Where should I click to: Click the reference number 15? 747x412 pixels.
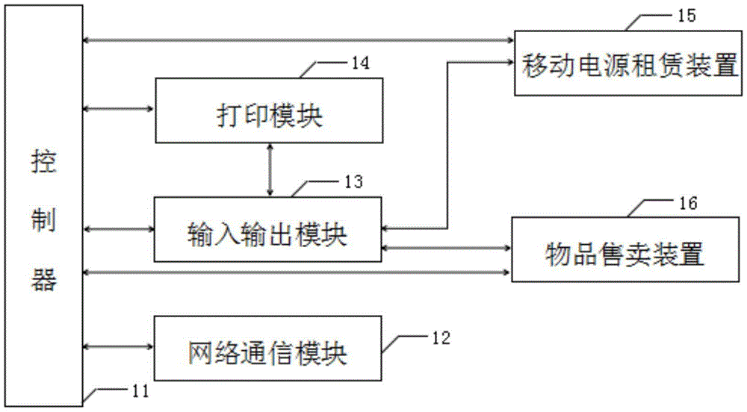686,16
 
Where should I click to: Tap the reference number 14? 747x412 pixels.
360,63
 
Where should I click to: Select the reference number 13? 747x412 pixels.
354,181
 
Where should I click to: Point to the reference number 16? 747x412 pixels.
688,204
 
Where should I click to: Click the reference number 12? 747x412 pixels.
441,338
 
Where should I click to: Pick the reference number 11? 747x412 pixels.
140,391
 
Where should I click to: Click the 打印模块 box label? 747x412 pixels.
270,116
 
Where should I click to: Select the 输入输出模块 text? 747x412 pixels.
267,234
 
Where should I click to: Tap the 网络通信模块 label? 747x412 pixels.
267,353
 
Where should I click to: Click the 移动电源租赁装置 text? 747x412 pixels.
629,65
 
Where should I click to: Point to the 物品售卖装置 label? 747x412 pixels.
624,254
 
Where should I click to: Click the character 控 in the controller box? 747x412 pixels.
44,162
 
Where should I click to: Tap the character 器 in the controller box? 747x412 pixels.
44,279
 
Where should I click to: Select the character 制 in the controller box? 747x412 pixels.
44,220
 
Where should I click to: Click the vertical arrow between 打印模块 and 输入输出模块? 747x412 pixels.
270,170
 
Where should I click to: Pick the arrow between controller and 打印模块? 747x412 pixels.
119,109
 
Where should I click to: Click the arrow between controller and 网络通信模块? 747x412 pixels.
118,347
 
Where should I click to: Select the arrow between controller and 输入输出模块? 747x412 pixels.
118,229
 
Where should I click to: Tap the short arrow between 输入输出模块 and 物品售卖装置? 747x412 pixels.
447,248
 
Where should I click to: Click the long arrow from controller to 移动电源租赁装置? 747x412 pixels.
298,40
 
